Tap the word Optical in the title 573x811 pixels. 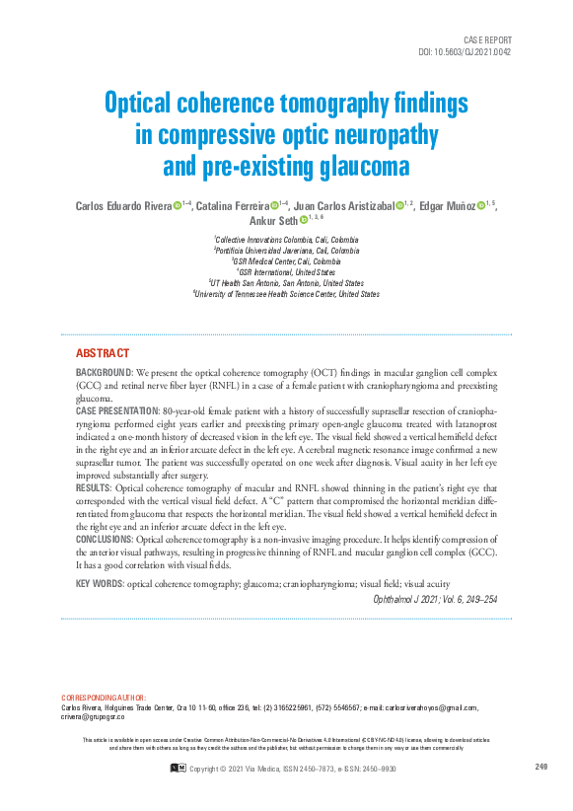coord(146,104)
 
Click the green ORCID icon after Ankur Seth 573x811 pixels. coord(303,221)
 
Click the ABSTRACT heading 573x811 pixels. coord(103,353)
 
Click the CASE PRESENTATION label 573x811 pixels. coord(116,409)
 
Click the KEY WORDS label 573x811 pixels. coord(100,584)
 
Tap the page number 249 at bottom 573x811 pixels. coord(540,767)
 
